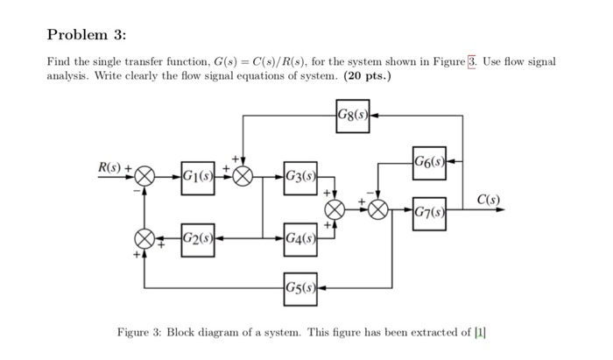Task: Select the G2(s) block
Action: [x=198, y=237]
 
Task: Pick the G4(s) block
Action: [x=300, y=237]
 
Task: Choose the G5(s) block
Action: [x=300, y=287]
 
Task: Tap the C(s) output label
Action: [x=489, y=200]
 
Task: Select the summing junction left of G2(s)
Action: [x=144, y=237]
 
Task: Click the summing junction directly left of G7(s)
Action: [x=378, y=210]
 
